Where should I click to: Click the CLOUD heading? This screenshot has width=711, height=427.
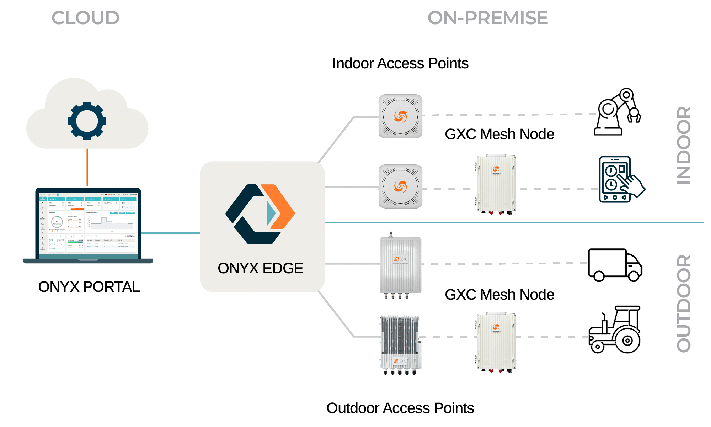(85, 18)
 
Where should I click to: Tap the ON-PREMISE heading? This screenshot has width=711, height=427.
(487, 18)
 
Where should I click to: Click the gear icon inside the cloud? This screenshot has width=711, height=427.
(87, 121)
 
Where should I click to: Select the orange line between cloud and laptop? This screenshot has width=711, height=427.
(87, 167)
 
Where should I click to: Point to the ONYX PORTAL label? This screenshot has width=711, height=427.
(89, 287)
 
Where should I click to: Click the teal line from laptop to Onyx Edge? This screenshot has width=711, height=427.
(171, 233)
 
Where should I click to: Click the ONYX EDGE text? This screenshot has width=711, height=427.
(260, 268)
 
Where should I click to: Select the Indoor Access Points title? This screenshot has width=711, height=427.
(400, 63)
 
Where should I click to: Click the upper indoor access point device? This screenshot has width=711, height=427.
(400, 116)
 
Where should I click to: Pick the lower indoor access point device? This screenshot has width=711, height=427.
(400, 186)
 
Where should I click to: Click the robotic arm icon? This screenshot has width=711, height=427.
(617, 112)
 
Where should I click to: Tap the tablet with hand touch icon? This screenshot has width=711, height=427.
(620, 179)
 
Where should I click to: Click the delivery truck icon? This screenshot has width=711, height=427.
(615, 265)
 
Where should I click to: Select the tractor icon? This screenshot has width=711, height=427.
(615, 330)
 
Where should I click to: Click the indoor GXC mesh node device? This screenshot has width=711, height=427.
(496, 184)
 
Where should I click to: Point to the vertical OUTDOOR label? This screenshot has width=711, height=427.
(684, 303)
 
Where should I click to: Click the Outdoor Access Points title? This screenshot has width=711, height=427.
(400, 408)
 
